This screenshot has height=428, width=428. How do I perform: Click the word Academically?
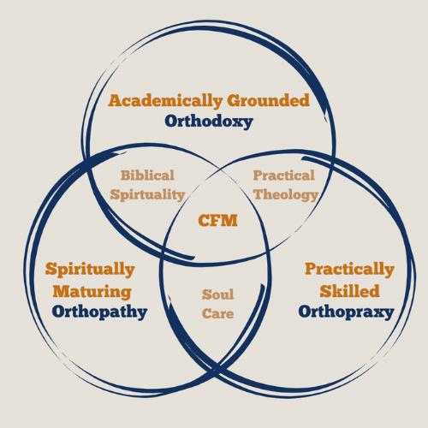[x=165, y=101]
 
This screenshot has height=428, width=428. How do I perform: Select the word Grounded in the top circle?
[x=269, y=100]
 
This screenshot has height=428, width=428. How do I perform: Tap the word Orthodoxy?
[x=209, y=122]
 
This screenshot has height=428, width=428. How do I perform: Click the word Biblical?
[x=147, y=175]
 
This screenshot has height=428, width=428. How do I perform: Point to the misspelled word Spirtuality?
[x=147, y=195]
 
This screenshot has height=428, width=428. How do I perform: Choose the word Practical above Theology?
[x=284, y=175]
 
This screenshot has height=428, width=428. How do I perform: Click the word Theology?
[x=286, y=195]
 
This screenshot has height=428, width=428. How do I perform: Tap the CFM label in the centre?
[x=217, y=220]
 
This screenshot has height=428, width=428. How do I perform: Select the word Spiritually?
[x=90, y=270]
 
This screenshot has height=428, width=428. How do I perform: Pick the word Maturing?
[x=92, y=292]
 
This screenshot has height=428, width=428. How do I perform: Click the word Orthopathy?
[x=99, y=312]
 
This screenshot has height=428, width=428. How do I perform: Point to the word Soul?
[x=218, y=294]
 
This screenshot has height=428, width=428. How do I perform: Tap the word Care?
[x=218, y=313]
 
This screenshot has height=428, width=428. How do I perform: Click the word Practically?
[x=349, y=270]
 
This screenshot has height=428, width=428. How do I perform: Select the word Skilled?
[x=349, y=291]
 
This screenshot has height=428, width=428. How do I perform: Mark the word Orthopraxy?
[x=347, y=312]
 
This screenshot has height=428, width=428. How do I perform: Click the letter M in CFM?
[x=229, y=220]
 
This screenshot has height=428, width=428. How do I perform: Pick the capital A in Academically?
[x=116, y=100]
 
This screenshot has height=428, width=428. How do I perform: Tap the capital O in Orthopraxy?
[x=305, y=312]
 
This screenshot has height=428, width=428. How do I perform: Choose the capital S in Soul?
[x=206, y=294]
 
